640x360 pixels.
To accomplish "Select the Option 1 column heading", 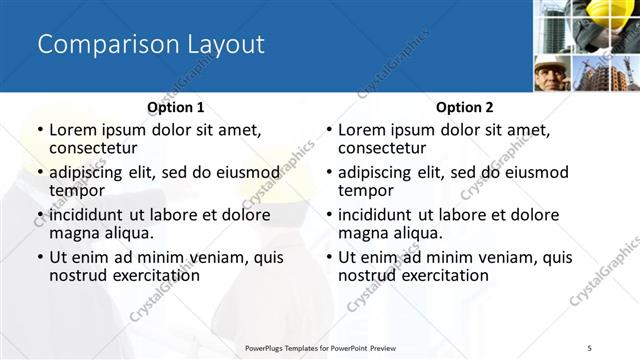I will (176, 107).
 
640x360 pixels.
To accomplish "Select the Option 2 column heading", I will (465, 107).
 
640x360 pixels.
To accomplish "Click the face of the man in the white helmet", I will (550, 74).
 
